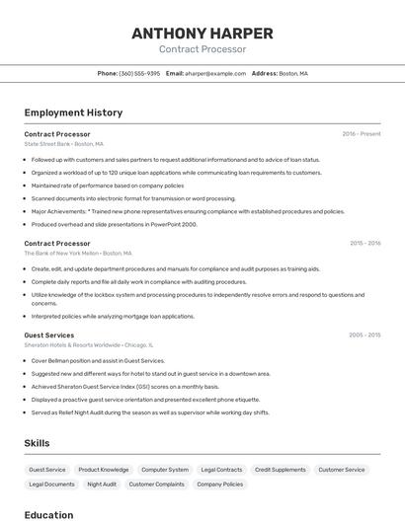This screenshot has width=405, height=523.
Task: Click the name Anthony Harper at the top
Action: click(x=202, y=33)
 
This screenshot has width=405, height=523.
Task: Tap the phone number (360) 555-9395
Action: click(x=139, y=74)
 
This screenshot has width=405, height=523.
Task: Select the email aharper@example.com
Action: click(x=214, y=74)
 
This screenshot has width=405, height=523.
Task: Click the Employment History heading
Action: click(x=73, y=112)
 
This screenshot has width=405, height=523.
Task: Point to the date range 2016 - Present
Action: click(x=362, y=134)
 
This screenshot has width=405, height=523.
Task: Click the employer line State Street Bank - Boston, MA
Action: click(x=64, y=144)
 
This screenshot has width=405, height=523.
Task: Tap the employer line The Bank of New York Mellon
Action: click(x=77, y=254)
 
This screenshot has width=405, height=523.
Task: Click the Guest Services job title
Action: click(x=49, y=336)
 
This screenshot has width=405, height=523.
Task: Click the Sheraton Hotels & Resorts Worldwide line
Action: click(x=88, y=346)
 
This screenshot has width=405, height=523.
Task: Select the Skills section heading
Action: click(x=38, y=443)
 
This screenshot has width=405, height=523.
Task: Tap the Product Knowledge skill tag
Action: click(x=104, y=470)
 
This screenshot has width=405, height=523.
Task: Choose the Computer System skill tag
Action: click(x=165, y=470)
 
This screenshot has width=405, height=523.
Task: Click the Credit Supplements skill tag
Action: click(x=281, y=470)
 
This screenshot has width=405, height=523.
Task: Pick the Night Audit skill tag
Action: click(x=102, y=485)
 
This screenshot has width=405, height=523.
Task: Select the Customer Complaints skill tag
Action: click(x=157, y=485)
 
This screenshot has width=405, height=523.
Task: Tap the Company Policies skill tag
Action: click(x=219, y=485)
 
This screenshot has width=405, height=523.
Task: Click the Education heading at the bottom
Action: click(x=48, y=515)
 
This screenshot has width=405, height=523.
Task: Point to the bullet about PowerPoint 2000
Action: click(x=114, y=224)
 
